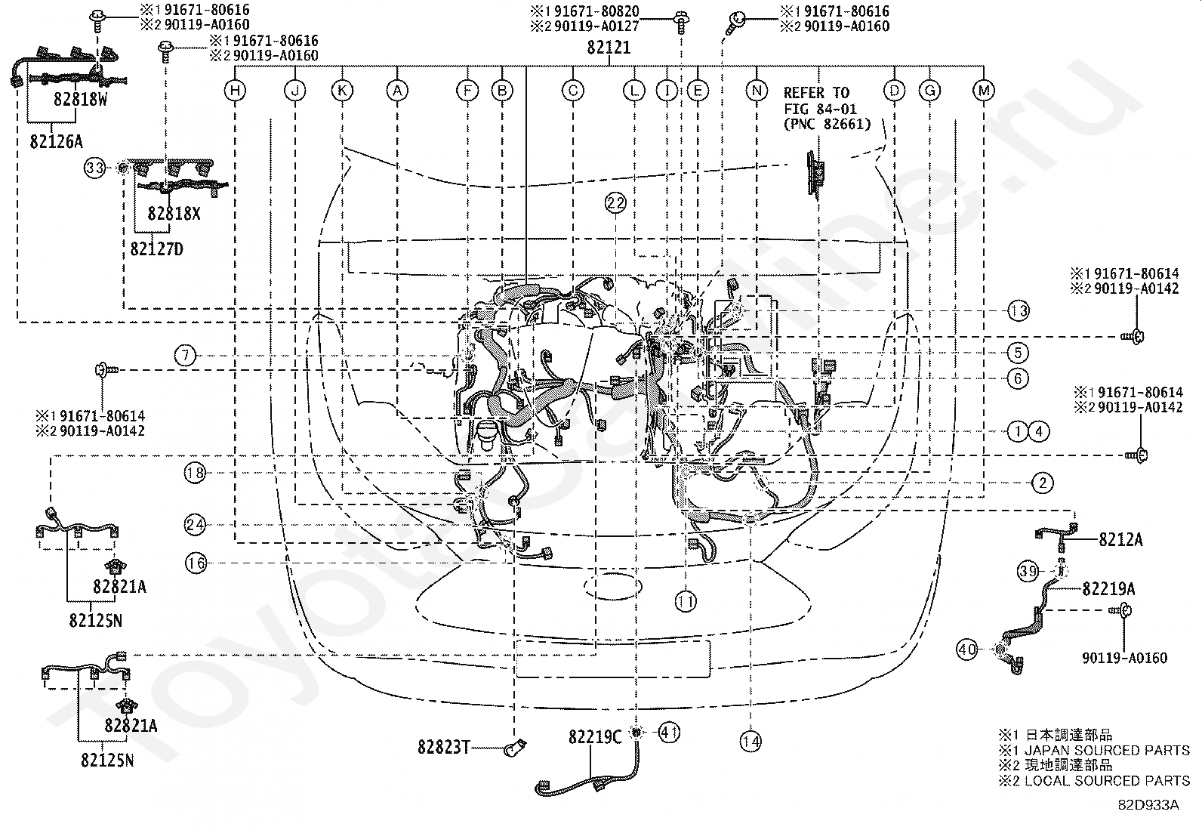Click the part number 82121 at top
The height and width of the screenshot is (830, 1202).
(x=609, y=48)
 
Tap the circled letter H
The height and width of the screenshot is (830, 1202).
(x=235, y=91)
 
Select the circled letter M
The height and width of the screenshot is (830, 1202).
(x=984, y=91)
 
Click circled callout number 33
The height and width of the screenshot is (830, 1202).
(x=95, y=168)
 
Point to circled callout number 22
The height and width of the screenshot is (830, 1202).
(x=615, y=203)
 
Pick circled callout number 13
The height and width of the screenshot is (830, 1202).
(x=1018, y=310)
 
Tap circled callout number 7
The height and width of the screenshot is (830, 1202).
(x=185, y=356)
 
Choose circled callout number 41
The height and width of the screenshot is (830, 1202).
(x=669, y=733)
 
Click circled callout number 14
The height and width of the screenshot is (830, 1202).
(x=750, y=742)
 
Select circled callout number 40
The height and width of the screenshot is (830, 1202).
(x=967, y=649)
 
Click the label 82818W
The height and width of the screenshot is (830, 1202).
(x=80, y=100)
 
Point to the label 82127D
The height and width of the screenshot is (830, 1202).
(x=157, y=249)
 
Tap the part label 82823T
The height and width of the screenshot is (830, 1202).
(x=444, y=747)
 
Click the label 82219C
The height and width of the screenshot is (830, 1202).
(x=595, y=737)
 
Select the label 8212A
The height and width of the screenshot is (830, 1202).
(x=1120, y=539)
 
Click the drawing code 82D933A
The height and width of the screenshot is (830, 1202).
(x=1148, y=805)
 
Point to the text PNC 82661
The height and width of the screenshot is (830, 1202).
(x=827, y=124)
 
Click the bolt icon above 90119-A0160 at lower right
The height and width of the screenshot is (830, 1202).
(x=1120, y=611)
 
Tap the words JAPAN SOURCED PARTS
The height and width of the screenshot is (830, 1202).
(x=1107, y=750)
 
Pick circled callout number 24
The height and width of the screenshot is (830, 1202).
(x=195, y=525)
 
